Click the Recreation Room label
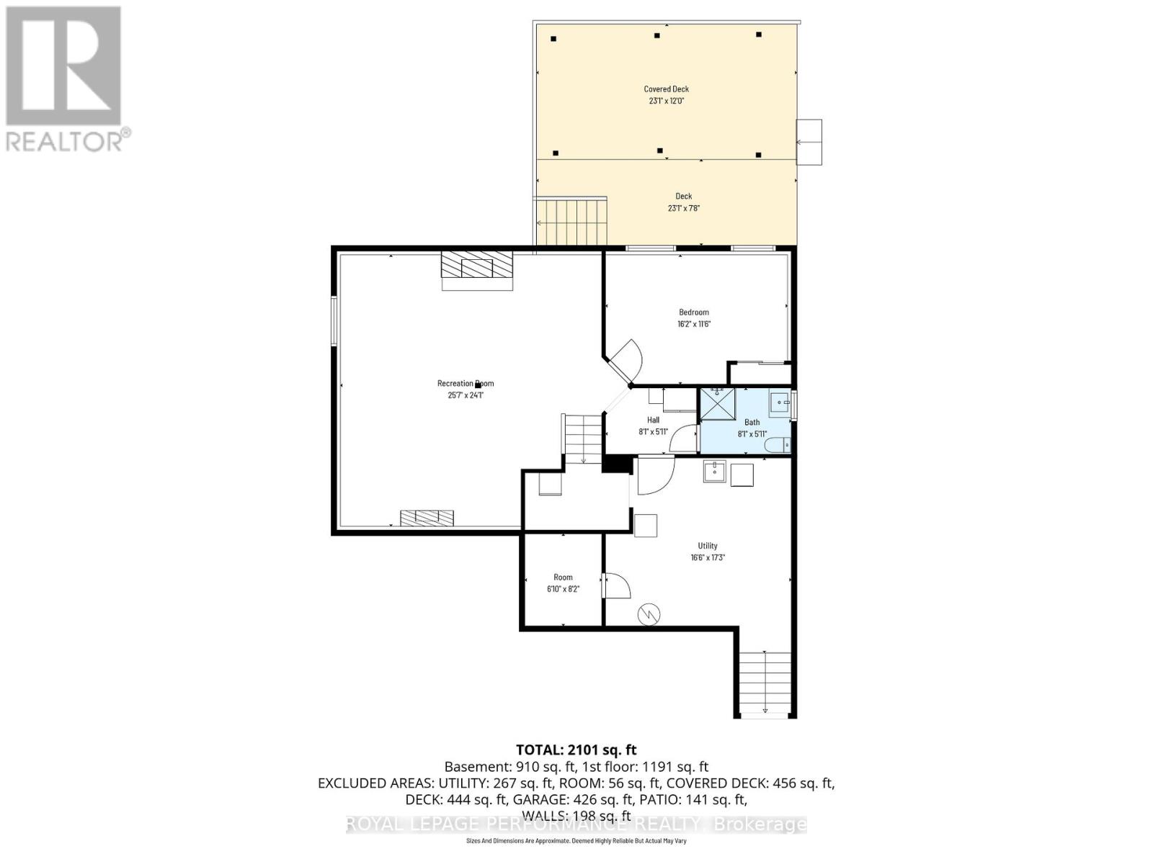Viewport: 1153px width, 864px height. tap(466, 384)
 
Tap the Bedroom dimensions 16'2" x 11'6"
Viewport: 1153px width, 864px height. tap(694, 324)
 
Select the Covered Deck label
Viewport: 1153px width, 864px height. tap(666, 89)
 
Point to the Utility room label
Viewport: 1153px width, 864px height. tap(707, 546)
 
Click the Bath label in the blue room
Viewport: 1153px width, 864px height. tap(752, 423)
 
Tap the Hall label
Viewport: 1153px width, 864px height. tap(653, 420)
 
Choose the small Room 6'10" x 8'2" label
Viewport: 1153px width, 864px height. tap(563, 577)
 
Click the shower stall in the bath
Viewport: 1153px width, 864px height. tap(718, 403)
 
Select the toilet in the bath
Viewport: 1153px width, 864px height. tap(778, 445)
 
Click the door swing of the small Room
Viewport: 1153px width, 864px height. tap(616, 585)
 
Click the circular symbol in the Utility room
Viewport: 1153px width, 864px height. tap(649, 613)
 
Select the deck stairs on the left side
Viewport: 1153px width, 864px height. tap(571, 222)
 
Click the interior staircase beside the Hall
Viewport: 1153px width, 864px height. tap(582, 438)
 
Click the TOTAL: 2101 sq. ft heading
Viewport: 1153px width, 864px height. tap(576, 750)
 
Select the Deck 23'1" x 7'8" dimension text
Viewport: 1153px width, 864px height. tap(683, 208)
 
